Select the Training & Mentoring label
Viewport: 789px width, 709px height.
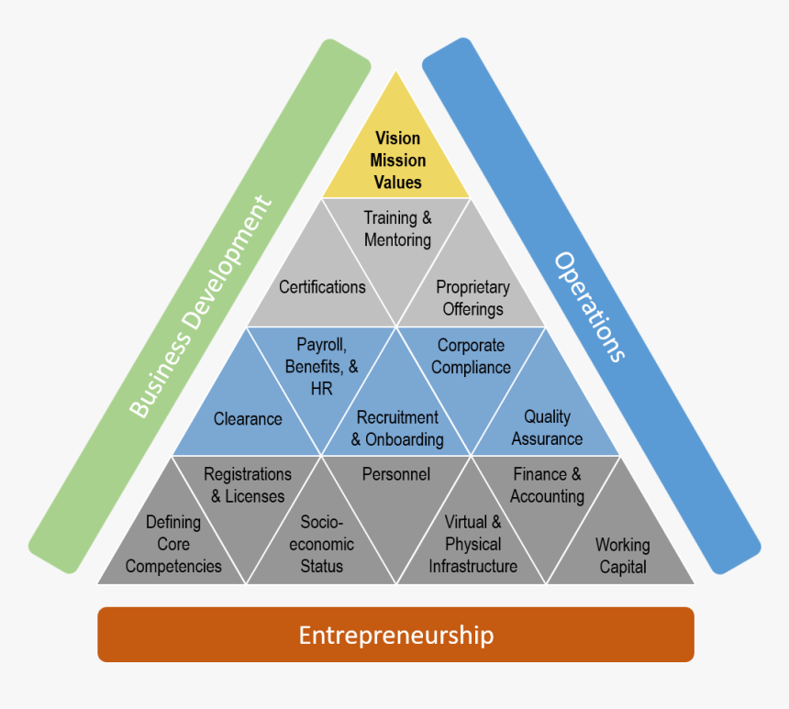[x=397, y=229]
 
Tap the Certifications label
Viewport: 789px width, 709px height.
[x=322, y=287]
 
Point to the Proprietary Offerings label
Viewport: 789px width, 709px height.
[x=472, y=298]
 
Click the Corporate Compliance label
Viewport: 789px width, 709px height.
[x=471, y=357]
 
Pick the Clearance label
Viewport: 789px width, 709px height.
[x=248, y=419]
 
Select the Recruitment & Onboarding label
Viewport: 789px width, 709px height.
[x=397, y=428]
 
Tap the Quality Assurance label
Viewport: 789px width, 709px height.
[x=547, y=427]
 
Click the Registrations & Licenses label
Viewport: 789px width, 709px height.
[x=248, y=485]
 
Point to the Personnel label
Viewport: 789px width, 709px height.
[x=396, y=474]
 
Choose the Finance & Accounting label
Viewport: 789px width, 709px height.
[x=547, y=485]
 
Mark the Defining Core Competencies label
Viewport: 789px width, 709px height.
[x=173, y=544]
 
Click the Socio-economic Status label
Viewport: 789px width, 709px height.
[x=322, y=544]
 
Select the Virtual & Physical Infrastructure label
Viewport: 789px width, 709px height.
[x=472, y=544]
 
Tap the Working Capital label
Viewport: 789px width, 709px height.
[x=623, y=556]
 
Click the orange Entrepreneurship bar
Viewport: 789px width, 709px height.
[x=395, y=635]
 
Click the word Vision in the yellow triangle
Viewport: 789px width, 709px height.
[x=397, y=138]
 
